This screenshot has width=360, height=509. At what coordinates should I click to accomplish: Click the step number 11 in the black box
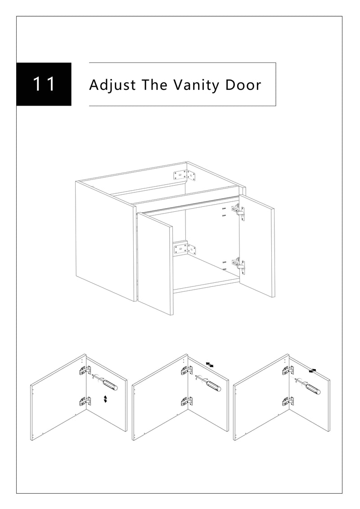tap(44, 85)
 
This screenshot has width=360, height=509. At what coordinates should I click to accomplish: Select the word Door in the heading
tap(243, 85)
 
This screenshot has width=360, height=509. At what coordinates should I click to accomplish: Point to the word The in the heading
tap(154, 85)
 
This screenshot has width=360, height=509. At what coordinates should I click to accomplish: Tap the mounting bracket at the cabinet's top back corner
tap(184, 176)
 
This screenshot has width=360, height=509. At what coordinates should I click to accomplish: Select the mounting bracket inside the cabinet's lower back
tap(184, 249)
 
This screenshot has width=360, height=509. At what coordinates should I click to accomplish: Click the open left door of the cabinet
tap(155, 263)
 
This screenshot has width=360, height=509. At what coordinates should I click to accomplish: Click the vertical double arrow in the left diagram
tap(105, 399)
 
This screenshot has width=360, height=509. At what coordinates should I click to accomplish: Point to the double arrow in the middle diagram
tap(210, 365)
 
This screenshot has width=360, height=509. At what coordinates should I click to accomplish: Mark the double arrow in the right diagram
tap(313, 371)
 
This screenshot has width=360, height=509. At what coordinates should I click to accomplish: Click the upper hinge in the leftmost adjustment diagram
tap(85, 370)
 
